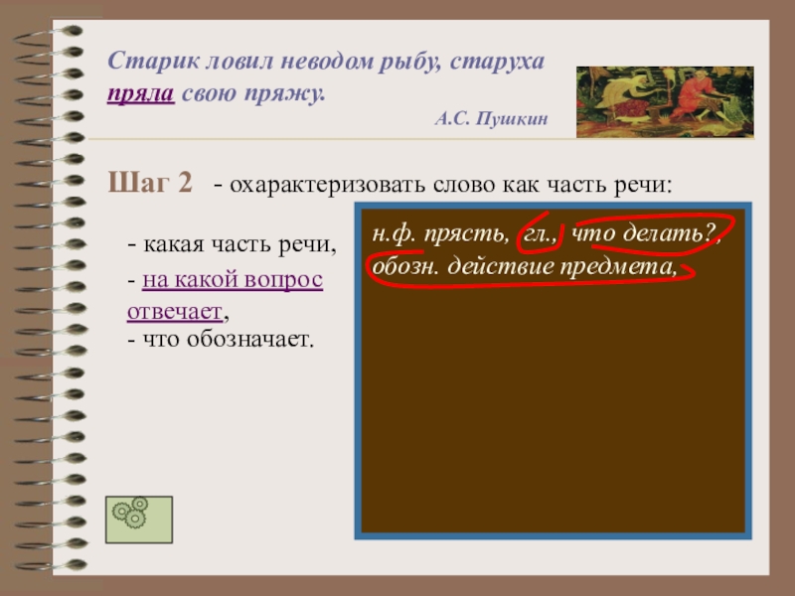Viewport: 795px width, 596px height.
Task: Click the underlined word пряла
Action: pyautogui.click(x=142, y=95)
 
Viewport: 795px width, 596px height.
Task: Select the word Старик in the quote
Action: pyautogui.click(x=146, y=62)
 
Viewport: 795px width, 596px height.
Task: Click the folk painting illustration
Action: pyautogui.click(x=665, y=102)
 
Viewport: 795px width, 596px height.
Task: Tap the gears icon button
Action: pyautogui.click(x=138, y=519)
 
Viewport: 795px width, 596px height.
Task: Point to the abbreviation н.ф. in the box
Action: pyautogui.click(x=392, y=236)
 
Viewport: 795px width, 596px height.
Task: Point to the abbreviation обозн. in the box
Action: pyautogui.click(x=404, y=267)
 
